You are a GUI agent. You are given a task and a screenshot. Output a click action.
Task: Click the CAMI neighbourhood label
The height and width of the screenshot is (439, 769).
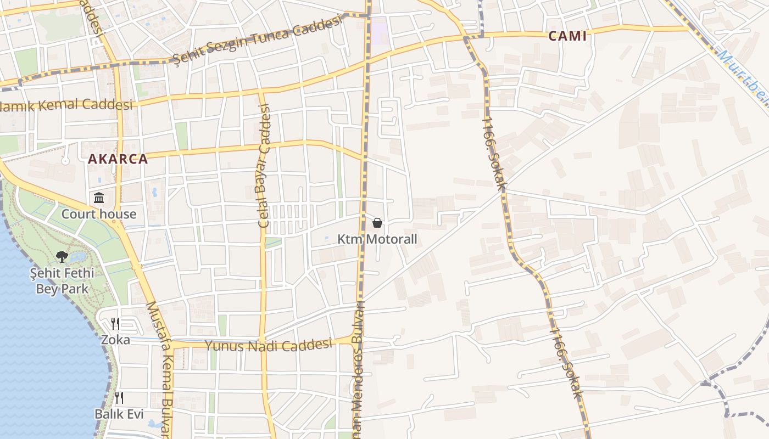567,36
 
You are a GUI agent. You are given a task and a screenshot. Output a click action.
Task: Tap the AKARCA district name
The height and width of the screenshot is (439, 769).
118,159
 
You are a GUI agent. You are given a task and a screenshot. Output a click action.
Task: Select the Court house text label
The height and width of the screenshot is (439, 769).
99,214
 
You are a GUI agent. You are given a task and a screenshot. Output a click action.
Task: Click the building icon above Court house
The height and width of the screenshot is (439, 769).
99,198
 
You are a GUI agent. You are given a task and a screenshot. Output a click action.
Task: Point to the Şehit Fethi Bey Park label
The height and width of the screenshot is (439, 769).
62,281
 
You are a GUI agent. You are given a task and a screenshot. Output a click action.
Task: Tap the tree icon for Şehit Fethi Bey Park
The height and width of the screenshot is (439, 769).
62,256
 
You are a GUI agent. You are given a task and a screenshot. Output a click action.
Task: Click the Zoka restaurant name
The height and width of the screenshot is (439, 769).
115,340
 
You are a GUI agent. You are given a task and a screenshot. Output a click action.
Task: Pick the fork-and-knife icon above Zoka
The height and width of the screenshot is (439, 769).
115,323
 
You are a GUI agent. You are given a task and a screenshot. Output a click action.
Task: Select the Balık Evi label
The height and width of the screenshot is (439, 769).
119,414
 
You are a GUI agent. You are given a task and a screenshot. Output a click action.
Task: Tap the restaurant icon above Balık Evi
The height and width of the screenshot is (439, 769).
119,397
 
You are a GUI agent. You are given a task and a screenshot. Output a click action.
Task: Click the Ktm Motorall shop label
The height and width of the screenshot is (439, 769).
377,239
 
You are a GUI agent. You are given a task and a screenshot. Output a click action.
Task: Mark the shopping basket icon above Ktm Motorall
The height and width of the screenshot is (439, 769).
377,223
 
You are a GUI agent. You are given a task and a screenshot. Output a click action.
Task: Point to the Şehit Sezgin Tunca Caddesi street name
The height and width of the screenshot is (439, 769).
257,38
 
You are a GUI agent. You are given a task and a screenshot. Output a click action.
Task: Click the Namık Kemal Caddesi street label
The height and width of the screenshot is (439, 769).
66,104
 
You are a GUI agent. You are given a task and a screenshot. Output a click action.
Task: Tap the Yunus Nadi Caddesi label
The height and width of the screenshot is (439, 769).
269,345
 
